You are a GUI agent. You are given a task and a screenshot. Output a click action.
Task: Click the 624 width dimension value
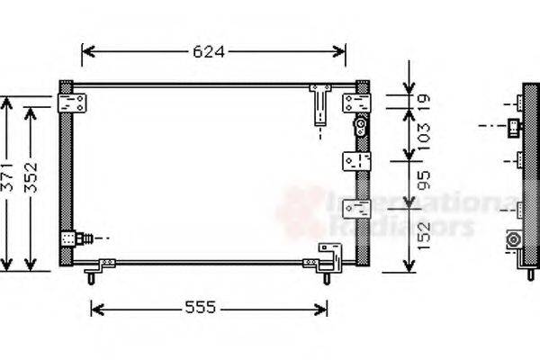(x=209, y=51)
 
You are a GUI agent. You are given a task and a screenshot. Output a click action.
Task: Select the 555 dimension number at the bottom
(x=200, y=308)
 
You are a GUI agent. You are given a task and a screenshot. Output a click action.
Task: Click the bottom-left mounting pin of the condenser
(x=91, y=277)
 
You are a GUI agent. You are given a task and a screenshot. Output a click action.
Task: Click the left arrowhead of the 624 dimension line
(x=86, y=51)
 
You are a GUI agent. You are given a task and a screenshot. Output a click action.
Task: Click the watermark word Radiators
(x=400, y=226)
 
